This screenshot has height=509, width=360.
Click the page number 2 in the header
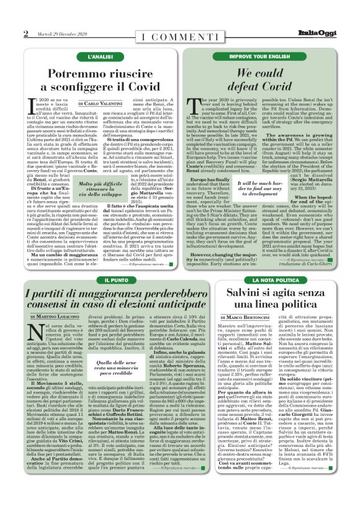tap(25, 33)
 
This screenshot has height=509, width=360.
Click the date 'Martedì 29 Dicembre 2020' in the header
tap(63, 33)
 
